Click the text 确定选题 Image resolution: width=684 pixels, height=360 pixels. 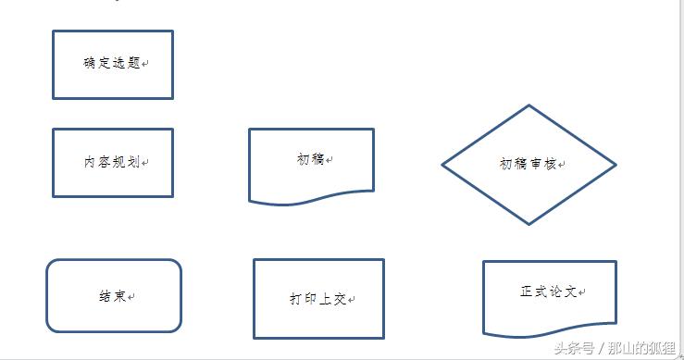pyautogui.click(x=112, y=63)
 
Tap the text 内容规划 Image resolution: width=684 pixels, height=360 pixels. pyautogui.click(x=112, y=162)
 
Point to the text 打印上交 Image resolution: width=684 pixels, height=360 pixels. pyautogui.click(x=318, y=299)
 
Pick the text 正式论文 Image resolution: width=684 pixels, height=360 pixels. pyautogui.click(x=549, y=292)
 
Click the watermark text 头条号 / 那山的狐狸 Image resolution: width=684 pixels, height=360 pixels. pyautogui.click(x=615, y=348)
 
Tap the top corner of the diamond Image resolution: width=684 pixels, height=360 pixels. pyautogui.click(x=529, y=105)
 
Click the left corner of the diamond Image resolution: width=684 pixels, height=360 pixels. pyautogui.click(x=442, y=165)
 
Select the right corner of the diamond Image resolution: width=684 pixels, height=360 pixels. pyautogui.click(x=616, y=165)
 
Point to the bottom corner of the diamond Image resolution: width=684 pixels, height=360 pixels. pyautogui.click(x=529, y=224)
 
